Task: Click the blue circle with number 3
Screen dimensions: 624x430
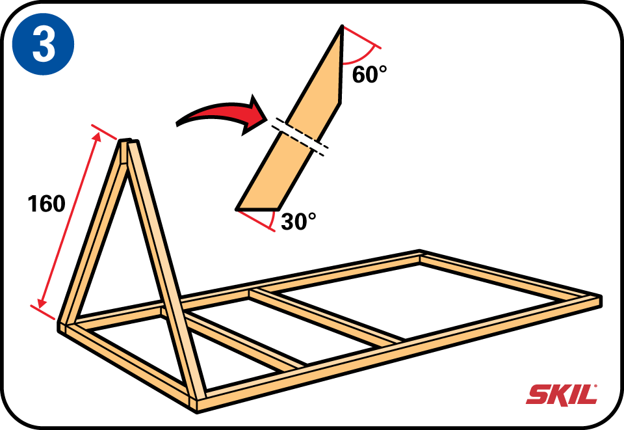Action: tap(44, 44)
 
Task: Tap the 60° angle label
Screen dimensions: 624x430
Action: tap(369, 74)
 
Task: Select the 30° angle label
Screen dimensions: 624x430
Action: tap(298, 221)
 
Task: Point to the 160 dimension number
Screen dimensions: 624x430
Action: tap(47, 204)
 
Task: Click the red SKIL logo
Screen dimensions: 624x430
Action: tap(562, 395)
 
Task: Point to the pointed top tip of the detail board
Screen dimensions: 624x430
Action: tap(342, 25)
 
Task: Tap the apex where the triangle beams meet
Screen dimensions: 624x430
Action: tap(129, 142)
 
